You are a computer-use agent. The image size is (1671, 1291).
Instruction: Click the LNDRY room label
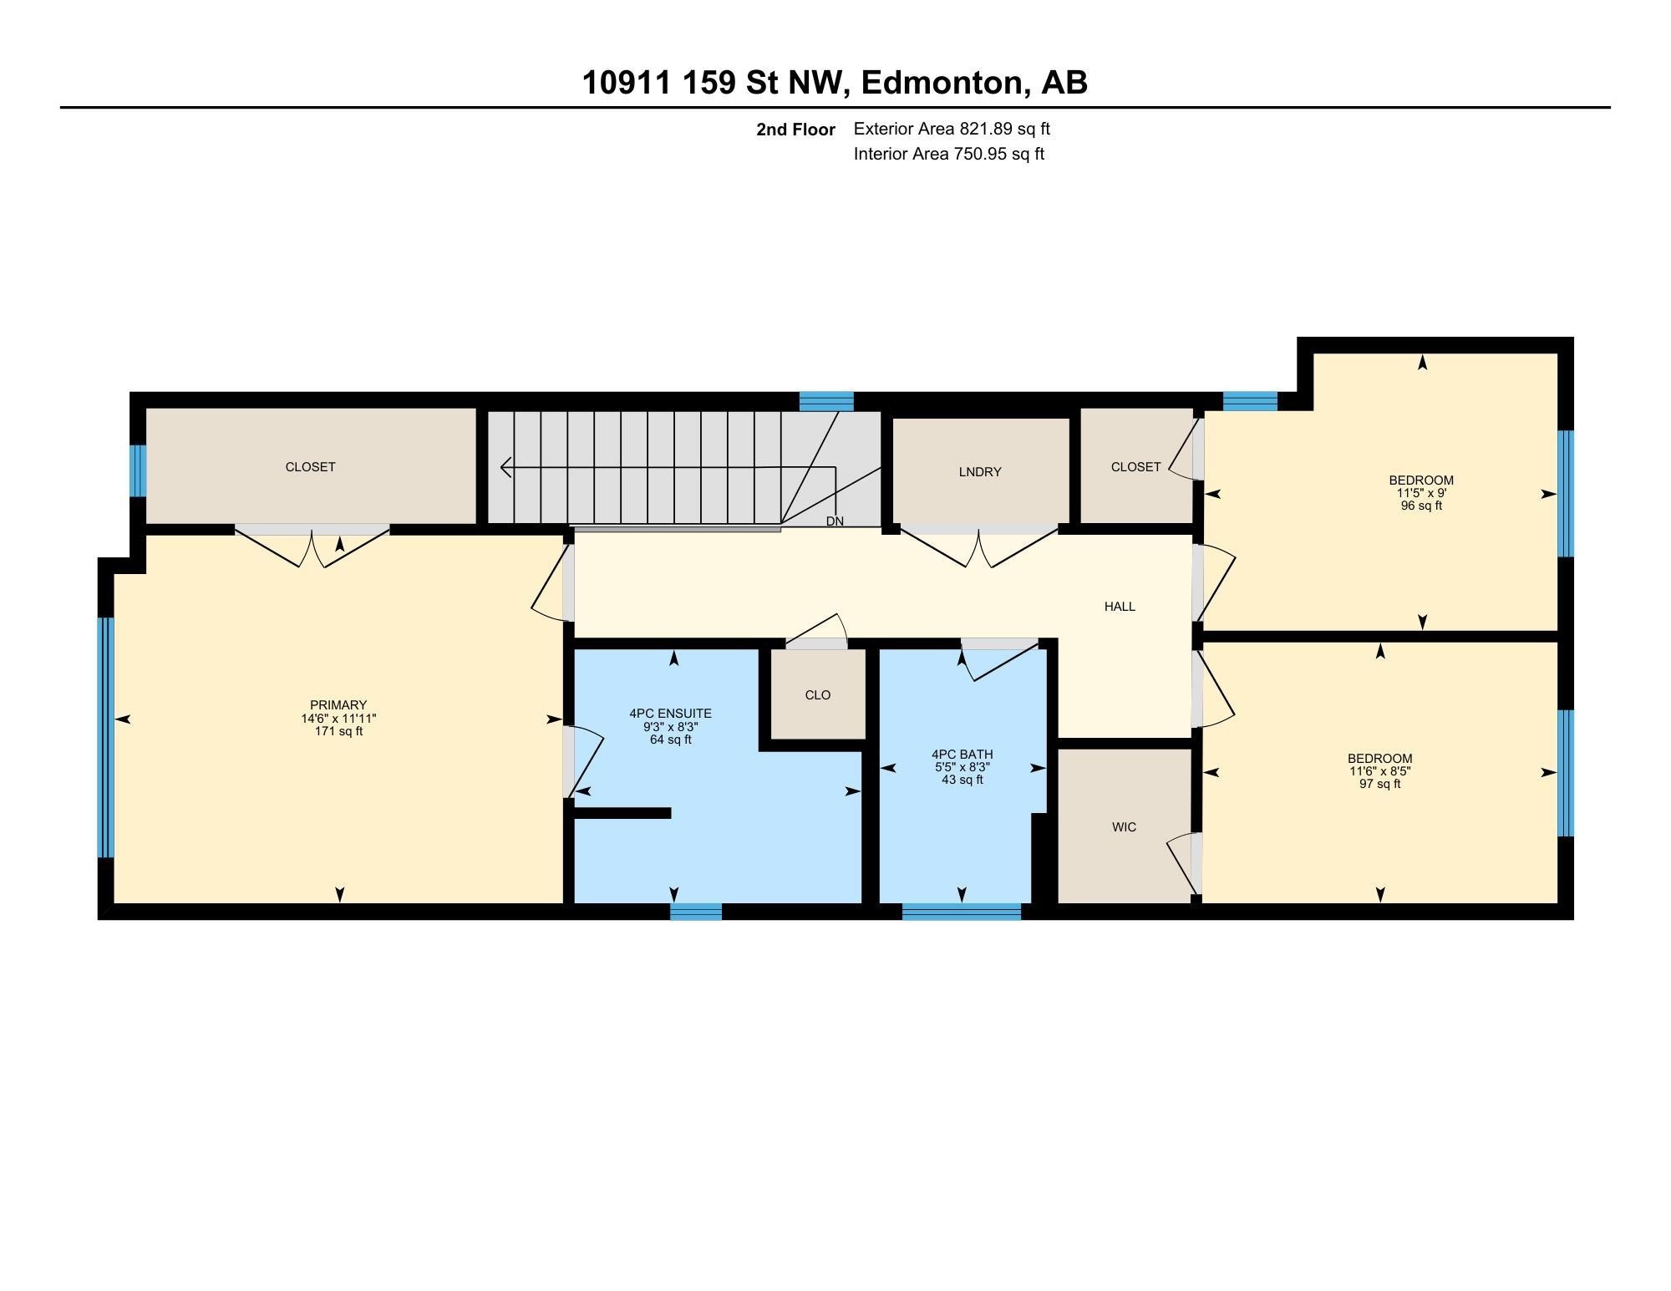pos(979,472)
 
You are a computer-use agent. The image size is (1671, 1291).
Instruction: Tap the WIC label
pos(1124,827)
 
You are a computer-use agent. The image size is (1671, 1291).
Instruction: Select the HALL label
pos(1120,607)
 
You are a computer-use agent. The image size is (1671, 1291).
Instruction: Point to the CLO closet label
pos(817,695)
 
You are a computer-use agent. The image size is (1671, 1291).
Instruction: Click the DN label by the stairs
pos(835,521)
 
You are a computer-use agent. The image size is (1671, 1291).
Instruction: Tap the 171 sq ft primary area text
pos(338,732)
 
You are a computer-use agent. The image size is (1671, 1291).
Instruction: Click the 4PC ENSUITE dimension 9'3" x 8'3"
pos(670,727)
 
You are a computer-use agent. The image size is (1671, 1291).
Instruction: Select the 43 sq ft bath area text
pos(962,780)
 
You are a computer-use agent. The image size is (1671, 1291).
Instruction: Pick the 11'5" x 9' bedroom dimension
pos(1421,493)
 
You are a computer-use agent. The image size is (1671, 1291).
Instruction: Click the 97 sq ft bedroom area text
pos(1379,785)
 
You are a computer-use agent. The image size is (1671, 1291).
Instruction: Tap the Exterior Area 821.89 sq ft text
pos(951,130)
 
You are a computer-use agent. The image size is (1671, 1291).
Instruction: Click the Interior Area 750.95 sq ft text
pos(948,155)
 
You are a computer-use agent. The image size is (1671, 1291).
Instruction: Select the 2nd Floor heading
pos(795,130)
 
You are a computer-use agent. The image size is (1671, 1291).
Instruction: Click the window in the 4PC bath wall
pos(961,912)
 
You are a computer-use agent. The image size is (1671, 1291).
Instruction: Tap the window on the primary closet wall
pos(138,470)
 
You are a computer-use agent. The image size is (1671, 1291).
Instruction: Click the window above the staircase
pos(825,402)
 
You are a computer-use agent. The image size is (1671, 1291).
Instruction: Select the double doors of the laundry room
pos(978,547)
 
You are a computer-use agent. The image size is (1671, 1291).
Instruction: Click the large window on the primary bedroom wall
pos(105,737)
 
